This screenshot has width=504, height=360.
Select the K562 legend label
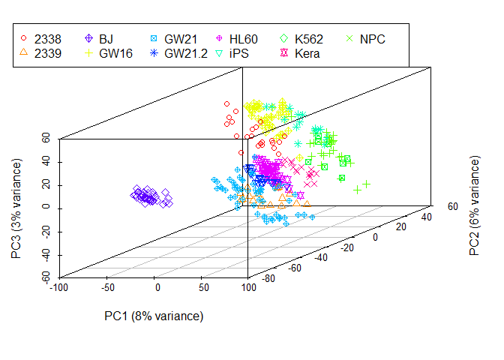(309, 37)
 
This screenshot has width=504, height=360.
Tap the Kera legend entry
(307, 53)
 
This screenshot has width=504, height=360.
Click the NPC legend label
(373, 37)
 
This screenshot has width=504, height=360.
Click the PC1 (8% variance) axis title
(154, 316)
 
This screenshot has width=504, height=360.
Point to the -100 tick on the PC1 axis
(58, 287)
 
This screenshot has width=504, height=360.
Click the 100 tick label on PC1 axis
(247, 287)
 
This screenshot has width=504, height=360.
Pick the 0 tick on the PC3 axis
(46, 208)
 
